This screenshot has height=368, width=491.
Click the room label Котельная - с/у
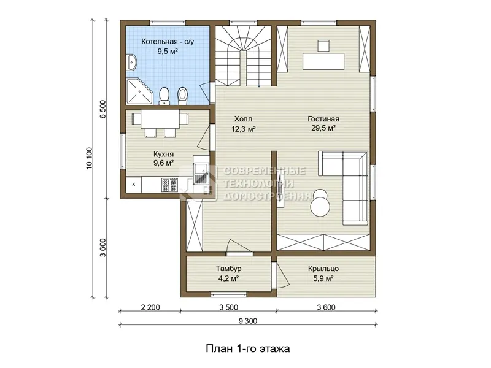point(168,42)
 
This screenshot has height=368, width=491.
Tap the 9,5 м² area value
point(168,52)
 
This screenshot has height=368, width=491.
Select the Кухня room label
point(163,154)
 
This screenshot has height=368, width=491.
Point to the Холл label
point(243,119)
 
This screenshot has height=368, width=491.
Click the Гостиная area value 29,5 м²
point(323,128)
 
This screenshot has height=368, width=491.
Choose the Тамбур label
point(228,269)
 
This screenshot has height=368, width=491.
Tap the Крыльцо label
point(323,269)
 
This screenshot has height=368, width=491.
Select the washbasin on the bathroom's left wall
point(131,63)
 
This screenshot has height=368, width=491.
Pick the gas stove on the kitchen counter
point(169,185)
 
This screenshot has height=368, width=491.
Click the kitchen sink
point(201,174)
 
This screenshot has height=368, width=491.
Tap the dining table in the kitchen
point(160,118)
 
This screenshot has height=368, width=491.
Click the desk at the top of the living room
point(323,61)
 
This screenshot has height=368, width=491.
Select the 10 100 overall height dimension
point(89,158)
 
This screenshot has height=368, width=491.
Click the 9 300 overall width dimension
point(248,321)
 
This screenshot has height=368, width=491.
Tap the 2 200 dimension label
point(150,308)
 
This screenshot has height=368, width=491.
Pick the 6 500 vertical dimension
point(102,109)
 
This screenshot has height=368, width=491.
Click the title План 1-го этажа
point(248,348)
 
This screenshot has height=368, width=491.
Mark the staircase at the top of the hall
point(243,56)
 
